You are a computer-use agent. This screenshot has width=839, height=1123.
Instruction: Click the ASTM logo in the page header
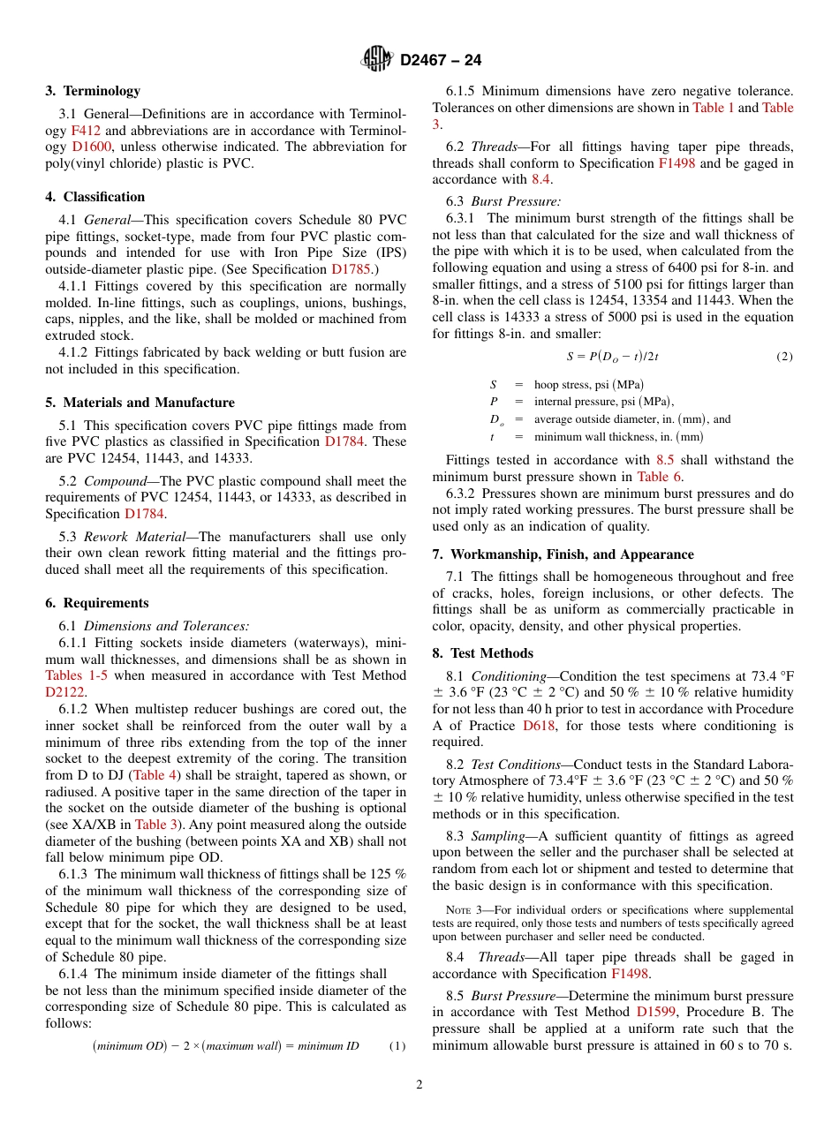tap(377, 60)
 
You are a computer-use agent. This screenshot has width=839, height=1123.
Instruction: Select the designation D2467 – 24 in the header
tap(441, 61)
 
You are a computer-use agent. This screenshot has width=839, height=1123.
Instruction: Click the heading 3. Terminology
tap(93, 91)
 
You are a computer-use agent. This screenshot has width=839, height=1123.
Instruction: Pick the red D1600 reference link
tap(89, 147)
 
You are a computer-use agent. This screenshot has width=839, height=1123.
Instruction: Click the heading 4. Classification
tap(95, 197)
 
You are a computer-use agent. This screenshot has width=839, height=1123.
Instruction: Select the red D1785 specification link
tap(349, 264)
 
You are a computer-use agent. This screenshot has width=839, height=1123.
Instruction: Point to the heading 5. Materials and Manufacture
tap(140, 403)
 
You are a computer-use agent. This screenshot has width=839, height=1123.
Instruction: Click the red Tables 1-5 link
tap(79, 675)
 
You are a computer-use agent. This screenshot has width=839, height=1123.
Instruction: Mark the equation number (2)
tap(784, 357)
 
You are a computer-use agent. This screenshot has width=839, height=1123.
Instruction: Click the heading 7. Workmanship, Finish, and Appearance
tap(563, 554)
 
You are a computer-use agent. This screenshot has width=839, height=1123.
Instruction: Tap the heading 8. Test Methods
tap(482, 653)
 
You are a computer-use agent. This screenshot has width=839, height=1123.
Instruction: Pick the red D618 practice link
tap(538, 726)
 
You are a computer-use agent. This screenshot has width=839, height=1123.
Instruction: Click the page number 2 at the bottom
tap(419, 1085)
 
